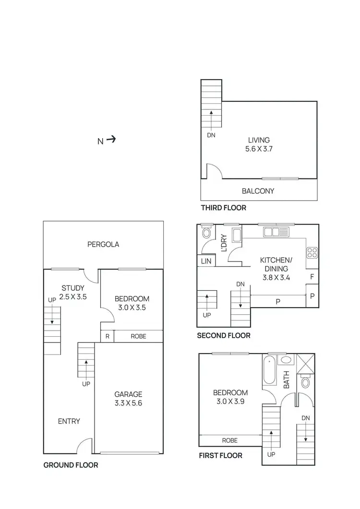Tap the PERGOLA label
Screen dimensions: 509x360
[x=103, y=244]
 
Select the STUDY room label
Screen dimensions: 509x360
[x=73, y=288]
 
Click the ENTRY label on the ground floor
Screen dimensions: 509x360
[x=69, y=421]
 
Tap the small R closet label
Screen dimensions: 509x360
[x=107, y=336]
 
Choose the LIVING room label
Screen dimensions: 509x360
[x=259, y=140]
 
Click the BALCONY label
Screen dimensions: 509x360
[x=258, y=191]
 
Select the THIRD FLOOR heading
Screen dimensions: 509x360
[x=223, y=208]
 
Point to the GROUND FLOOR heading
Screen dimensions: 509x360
[x=71, y=465]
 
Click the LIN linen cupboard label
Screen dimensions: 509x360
[x=206, y=260]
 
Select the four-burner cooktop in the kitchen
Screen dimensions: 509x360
[x=312, y=252]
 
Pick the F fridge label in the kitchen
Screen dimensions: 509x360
[x=312, y=276]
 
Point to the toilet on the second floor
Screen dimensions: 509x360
[x=207, y=233]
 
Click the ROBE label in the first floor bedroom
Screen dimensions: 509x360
[x=229, y=440]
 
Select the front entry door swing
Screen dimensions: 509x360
[x=84, y=446]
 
